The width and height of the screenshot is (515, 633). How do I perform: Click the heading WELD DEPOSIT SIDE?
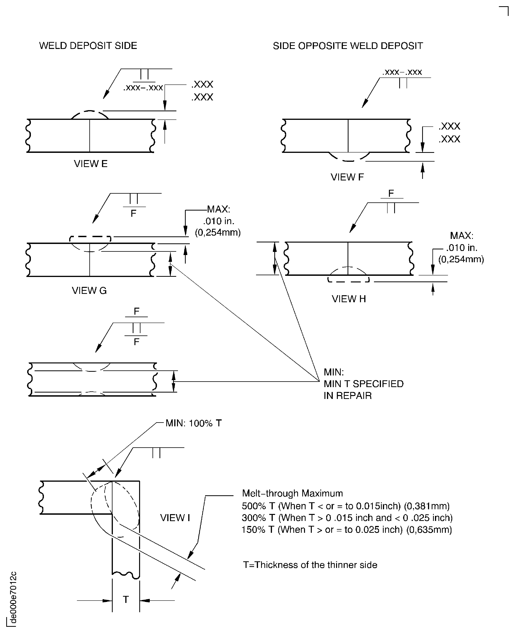point(88,46)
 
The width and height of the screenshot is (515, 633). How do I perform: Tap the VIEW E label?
point(91,164)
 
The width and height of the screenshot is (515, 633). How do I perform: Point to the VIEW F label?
point(347,177)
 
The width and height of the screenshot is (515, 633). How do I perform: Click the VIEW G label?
point(89,290)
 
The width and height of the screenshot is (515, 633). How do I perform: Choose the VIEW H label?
point(349,299)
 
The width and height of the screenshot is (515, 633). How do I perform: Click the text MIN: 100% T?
point(193,423)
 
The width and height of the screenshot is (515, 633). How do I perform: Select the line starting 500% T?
point(346,506)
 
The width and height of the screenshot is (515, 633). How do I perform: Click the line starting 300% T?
point(347,518)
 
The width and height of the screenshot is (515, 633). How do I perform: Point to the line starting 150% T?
point(347,529)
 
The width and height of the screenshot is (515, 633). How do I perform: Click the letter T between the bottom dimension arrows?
point(126,599)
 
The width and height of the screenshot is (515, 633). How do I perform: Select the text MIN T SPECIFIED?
point(363,384)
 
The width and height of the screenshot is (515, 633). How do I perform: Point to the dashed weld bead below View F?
point(349,157)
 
